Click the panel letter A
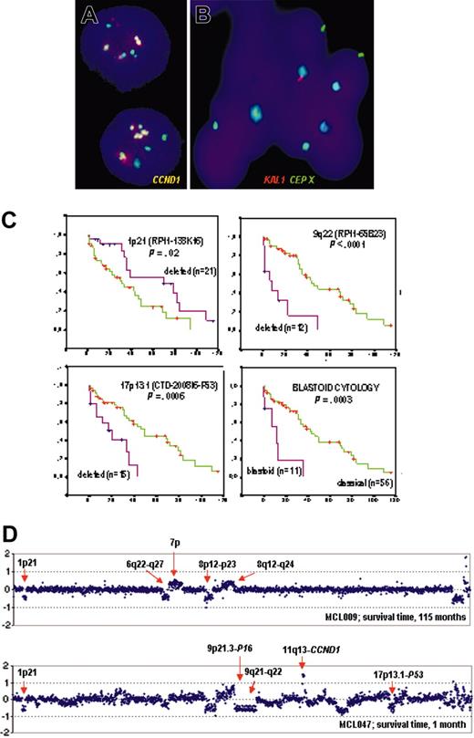point(89,16)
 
